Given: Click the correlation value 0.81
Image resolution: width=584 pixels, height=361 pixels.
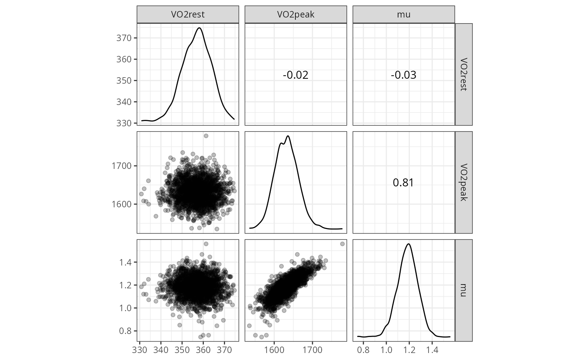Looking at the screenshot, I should pyautogui.click(x=403, y=183).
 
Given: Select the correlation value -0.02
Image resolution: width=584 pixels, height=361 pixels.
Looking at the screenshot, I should pyautogui.click(x=295, y=75).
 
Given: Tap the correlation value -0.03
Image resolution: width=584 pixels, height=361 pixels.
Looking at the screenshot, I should pyautogui.click(x=403, y=75).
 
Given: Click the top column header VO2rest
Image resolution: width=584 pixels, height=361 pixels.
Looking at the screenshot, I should pyautogui.click(x=188, y=14).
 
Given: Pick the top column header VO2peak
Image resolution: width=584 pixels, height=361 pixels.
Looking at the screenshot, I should pyautogui.click(x=295, y=14).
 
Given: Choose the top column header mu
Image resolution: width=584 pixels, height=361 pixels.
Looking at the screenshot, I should pyautogui.click(x=403, y=14).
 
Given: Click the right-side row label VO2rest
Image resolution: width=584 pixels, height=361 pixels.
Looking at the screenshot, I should pyautogui.click(x=463, y=74).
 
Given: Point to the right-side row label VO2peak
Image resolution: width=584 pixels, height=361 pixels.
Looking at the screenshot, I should pyautogui.click(x=463, y=182).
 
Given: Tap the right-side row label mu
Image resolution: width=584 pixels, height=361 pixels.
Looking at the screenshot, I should pyautogui.click(x=463, y=290).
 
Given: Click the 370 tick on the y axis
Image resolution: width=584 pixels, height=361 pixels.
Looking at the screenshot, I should pyautogui.click(x=126, y=38).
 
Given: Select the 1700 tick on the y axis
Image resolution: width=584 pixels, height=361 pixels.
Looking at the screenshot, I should pyautogui.click(x=122, y=166).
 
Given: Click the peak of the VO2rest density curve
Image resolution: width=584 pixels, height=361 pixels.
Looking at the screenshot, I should pyautogui.click(x=199, y=28).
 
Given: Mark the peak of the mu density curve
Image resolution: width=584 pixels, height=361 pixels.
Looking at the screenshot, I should pyautogui.click(x=409, y=244).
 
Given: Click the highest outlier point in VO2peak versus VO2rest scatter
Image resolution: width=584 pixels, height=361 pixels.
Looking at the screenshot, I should pyautogui.click(x=206, y=136).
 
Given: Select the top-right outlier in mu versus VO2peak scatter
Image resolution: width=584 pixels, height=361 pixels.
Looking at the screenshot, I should pyautogui.click(x=342, y=244).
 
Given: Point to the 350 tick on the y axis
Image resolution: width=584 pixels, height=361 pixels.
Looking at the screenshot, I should pyautogui.click(x=126, y=81).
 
